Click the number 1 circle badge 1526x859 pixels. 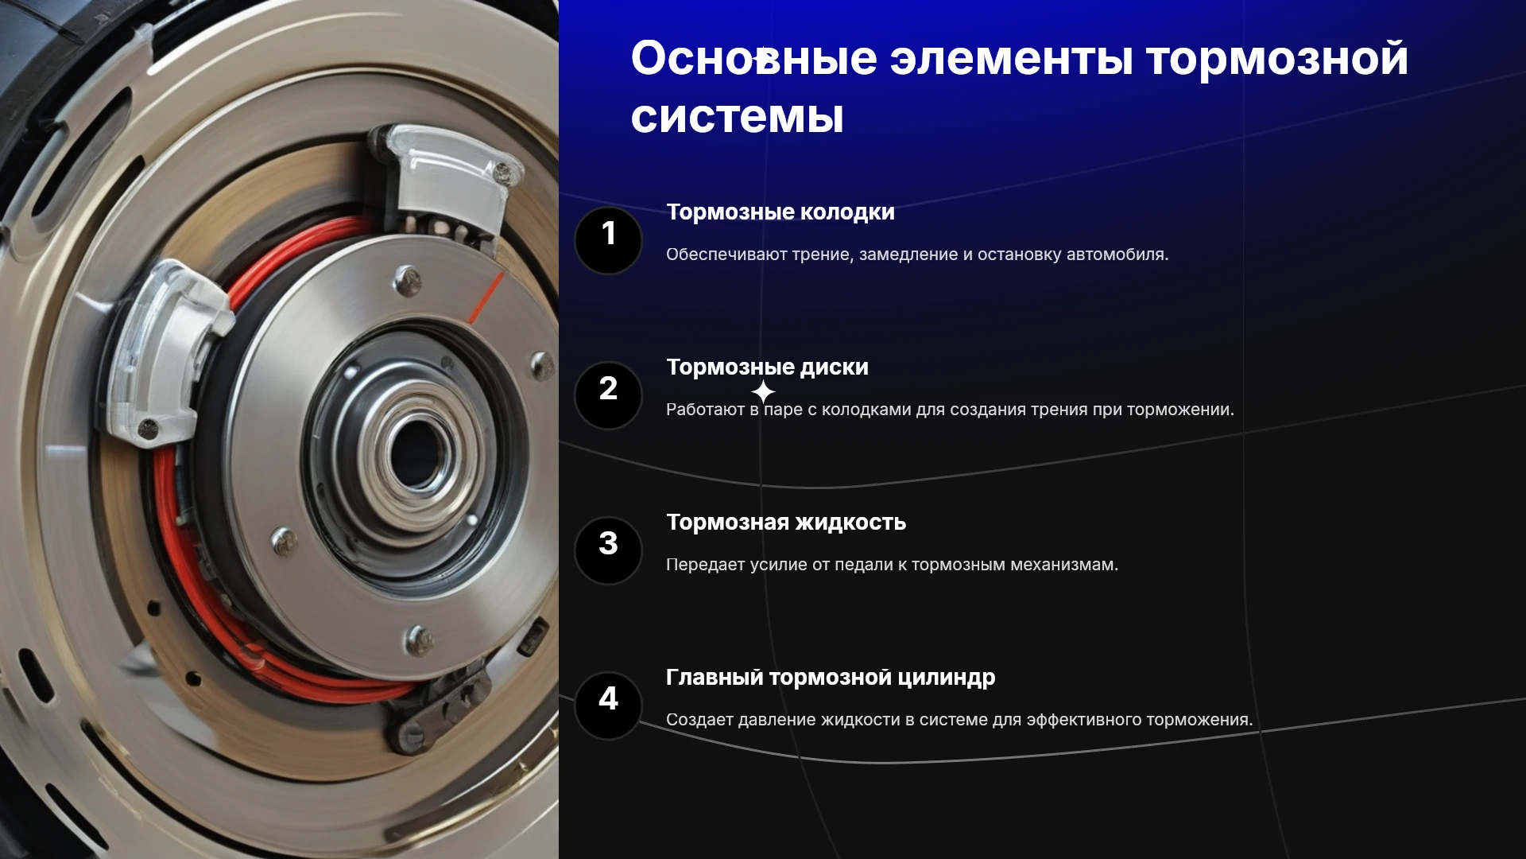pyautogui.click(x=608, y=240)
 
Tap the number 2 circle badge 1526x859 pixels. pyautogui.click(x=608, y=395)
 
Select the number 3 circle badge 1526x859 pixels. pyautogui.click(x=608, y=550)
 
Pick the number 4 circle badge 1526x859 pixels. pyautogui.click(x=608, y=705)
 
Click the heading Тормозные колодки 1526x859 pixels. pyautogui.click(x=780, y=212)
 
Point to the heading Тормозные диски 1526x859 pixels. pyautogui.click(x=767, y=367)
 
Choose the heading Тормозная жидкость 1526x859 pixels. pyautogui.click(x=786, y=523)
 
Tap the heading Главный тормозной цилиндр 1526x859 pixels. pyautogui.click(x=831, y=678)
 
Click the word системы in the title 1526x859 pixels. pyautogui.click(x=737, y=117)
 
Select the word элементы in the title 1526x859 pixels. pyautogui.click(x=1011, y=59)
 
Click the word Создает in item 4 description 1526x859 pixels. pyautogui.click(x=699, y=720)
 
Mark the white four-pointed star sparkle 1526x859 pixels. pyautogui.click(x=763, y=392)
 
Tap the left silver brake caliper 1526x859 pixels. pyautogui.click(x=167, y=350)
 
